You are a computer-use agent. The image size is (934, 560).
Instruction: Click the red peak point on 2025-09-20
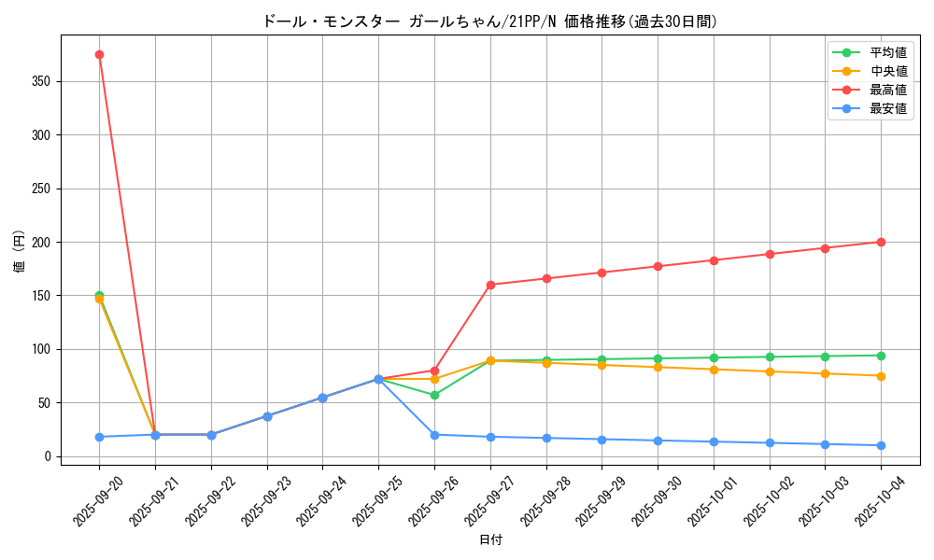[99, 54]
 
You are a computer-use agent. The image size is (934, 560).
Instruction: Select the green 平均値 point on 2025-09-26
[434, 395]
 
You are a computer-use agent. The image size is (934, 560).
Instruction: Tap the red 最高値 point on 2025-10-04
[881, 242]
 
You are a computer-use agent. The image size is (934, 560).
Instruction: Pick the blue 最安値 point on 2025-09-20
[99, 437]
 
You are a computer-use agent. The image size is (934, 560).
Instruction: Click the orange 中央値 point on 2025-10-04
[881, 376]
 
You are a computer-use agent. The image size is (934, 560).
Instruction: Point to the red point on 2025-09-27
[490, 285]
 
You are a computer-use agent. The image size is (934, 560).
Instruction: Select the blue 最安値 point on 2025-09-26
[434, 435]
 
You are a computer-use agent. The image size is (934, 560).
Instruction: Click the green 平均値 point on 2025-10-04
[881, 356]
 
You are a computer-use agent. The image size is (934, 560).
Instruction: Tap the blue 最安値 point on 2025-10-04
[881, 445]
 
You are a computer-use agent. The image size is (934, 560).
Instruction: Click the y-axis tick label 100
[43, 349]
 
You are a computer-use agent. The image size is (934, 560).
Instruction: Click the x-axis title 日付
[490, 540]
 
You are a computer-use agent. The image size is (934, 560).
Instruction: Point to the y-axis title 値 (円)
[19, 252]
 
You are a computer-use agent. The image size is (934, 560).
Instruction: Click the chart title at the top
[490, 21]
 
